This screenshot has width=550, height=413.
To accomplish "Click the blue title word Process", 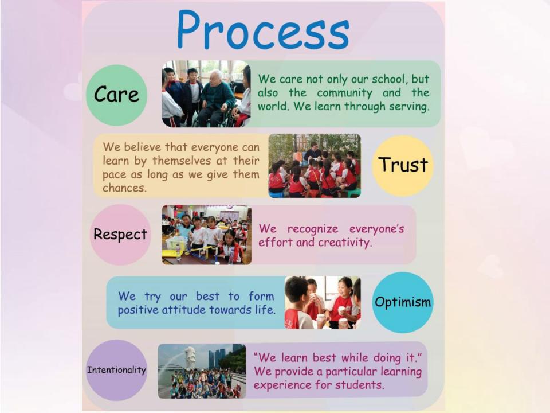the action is pyautogui.click(x=263, y=31).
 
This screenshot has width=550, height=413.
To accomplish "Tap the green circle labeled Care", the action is pyautogui.click(x=116, y=95).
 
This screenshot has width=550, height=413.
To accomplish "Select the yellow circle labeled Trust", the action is pyautogui.click(x=403, y=165).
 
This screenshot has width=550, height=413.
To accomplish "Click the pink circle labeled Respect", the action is pyautogui.click(x=120, y=235).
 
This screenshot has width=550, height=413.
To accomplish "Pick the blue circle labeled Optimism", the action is pyautogui.click(x=403, y=302).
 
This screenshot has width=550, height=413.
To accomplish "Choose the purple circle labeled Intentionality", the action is pyautogui.click(x=116, y=370).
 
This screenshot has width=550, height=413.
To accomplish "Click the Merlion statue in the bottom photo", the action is pyautogui.click(x=190, y=357).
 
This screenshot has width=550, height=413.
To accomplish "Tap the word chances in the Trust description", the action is pyautogui.click(x=124, y=188).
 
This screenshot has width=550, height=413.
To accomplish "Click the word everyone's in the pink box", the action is pyautogui.click(x=377, y=229).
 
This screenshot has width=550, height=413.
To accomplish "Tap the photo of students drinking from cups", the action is pyautogui.click(x=323, y=303).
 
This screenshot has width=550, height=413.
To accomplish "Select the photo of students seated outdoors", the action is pyautogui.click(x=315, y=166).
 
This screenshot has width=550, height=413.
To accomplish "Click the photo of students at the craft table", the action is pyautogui.click(x=207, y=235).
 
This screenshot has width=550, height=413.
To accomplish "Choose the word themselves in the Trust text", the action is pyautogui.click(x=182, y=161).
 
